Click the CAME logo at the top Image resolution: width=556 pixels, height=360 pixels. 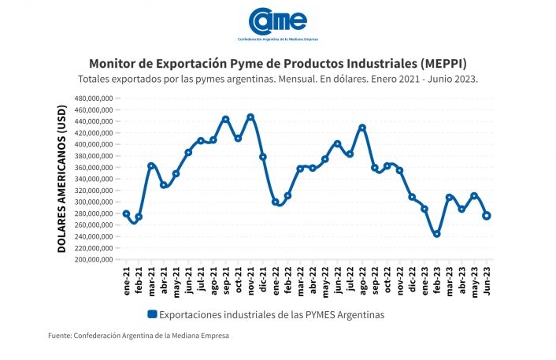pyautogui.click(x=277, y=21)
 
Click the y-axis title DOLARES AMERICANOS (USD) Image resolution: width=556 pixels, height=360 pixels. pyautogui.click(x=61, y=179)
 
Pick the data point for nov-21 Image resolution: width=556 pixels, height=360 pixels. pyautogui.click(x=250, y=117)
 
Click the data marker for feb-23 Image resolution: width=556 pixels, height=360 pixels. pyautogui.click(x=437, y=234)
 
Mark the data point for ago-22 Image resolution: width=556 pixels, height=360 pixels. pyautogui.click(x=362, y=128)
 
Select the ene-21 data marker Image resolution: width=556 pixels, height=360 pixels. pyautogui.click(x=126, y=213)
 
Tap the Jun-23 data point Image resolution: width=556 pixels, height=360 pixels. pyautogui.click(x=487, y=216)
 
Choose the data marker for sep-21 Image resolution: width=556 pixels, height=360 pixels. pyautogui.click(x=225, y=120)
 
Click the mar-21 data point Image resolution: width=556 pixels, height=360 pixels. pyautogui.click(x=151, y=166)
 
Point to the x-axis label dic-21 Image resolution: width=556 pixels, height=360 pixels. pyautogui.click(x=263, y=278)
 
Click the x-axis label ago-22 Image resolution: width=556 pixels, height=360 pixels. pyautogui.click(x=362, y=278)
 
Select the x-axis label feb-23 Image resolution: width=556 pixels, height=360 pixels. pyautogui.click(x=437, y=278)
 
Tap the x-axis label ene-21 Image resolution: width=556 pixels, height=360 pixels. pyautogui.click(x=126, y=278)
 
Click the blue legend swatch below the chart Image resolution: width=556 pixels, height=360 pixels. pyautogui.click(x=152, y=314)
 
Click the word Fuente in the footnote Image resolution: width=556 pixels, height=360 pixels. pyautogui.click(x=60, y=336)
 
